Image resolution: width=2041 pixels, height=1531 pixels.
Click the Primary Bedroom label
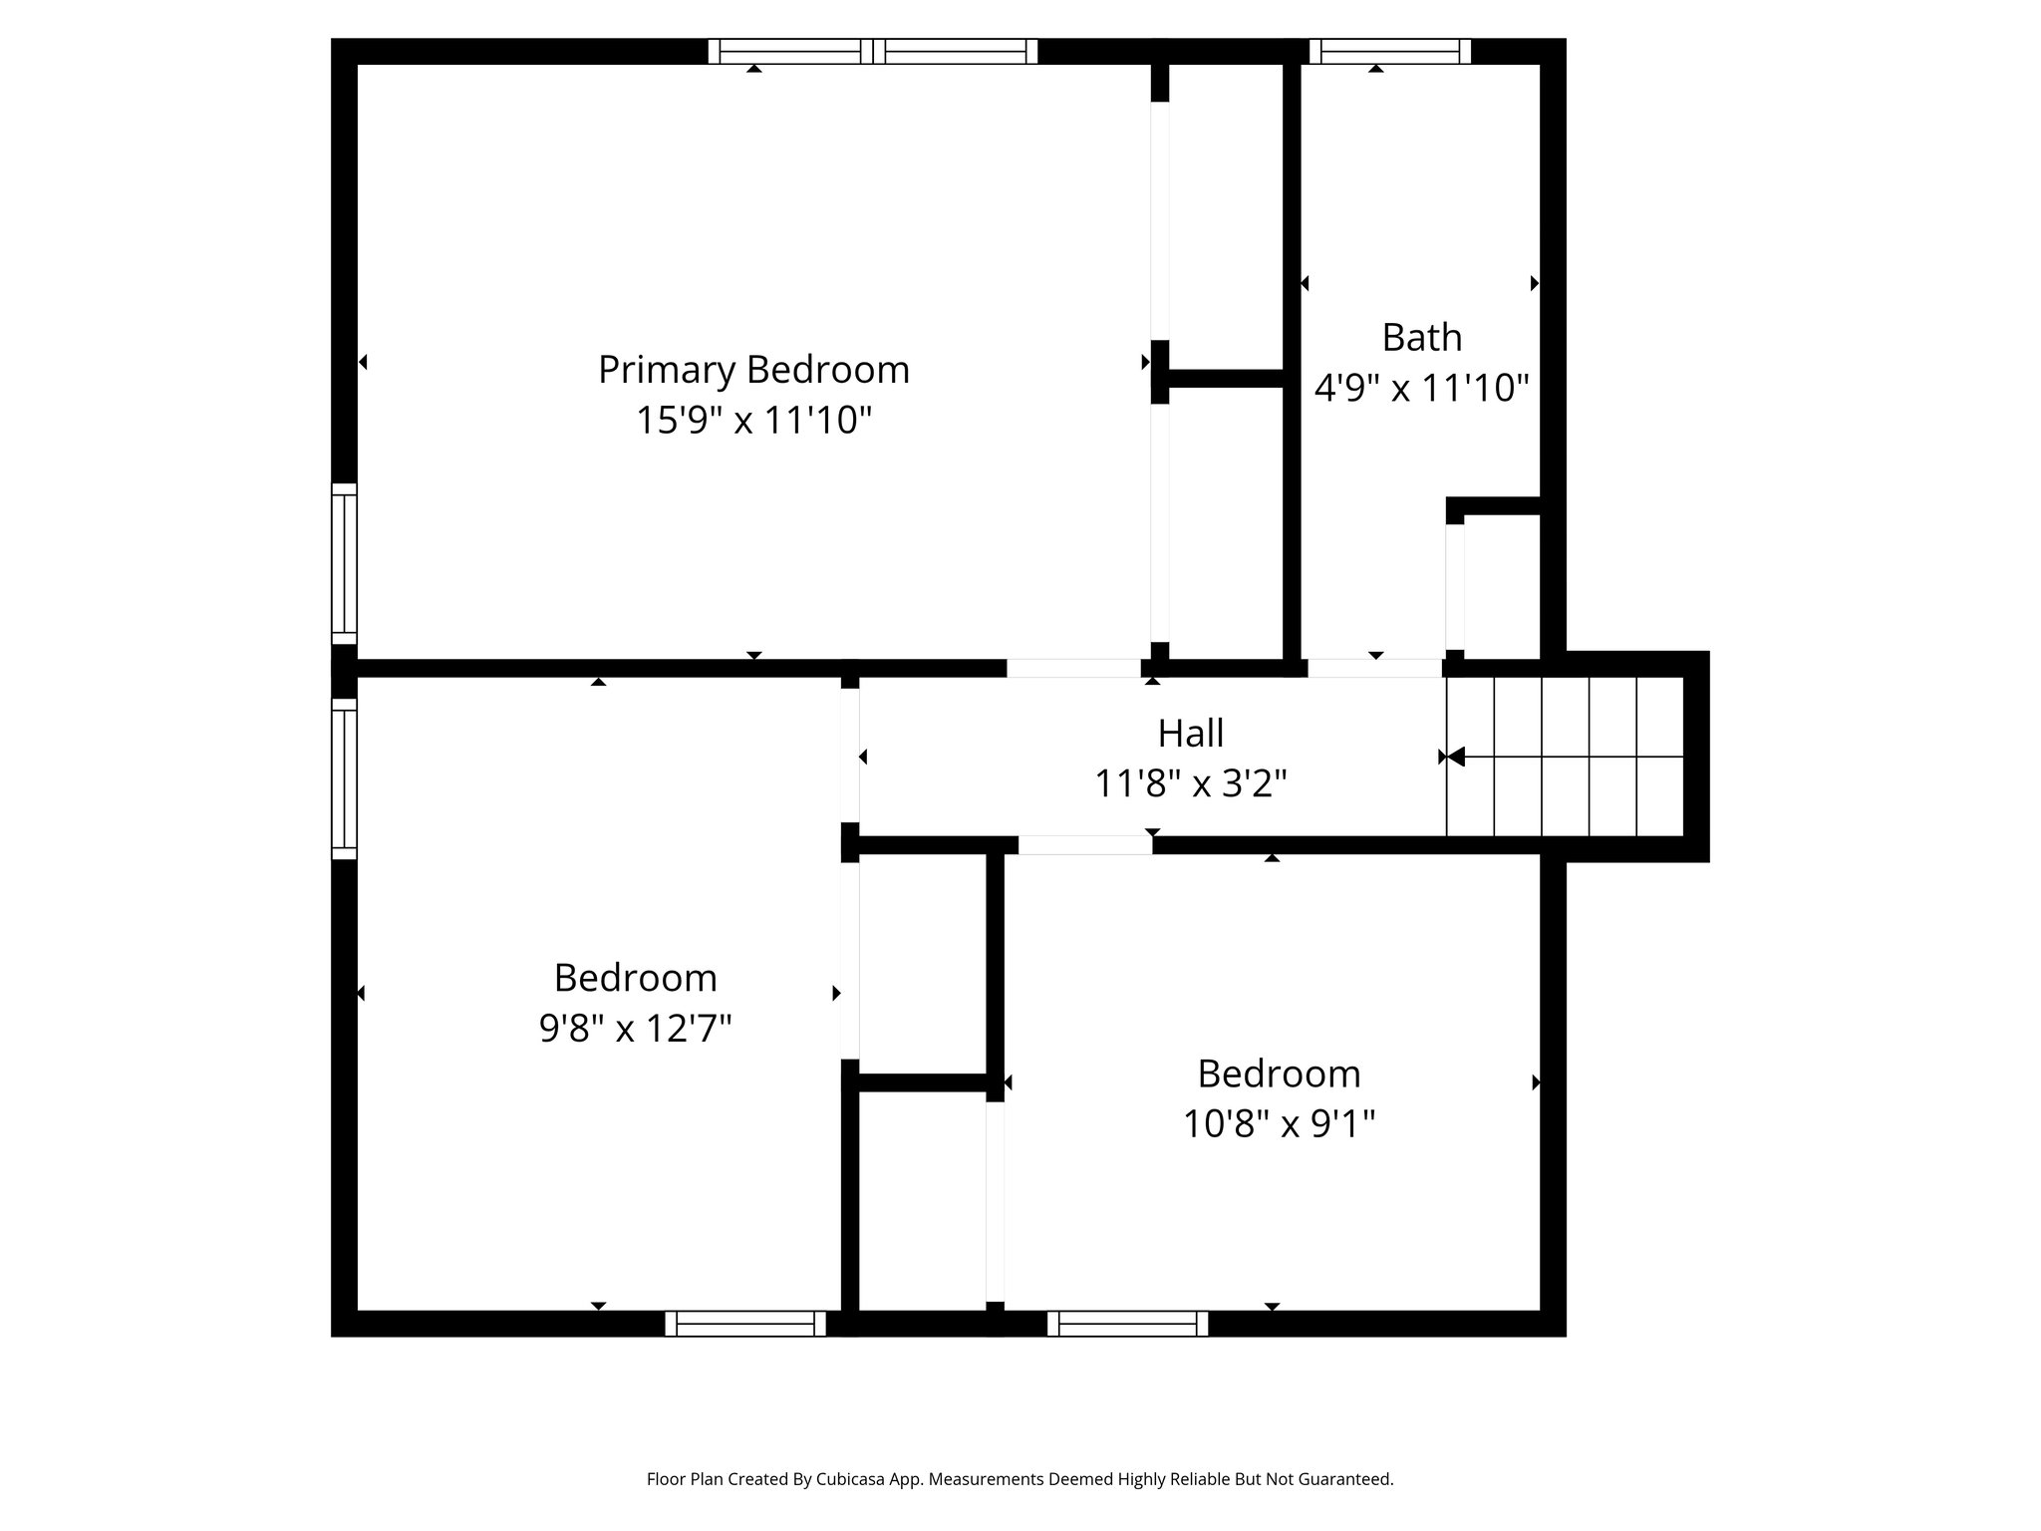(753, 370)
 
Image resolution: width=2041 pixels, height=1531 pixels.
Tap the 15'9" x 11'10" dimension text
(753, 420)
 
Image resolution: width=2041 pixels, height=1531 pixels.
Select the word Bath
(1421, 338)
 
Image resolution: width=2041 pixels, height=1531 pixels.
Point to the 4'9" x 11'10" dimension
(1421, 388)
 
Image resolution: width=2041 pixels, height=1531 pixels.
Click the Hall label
(1190, 734)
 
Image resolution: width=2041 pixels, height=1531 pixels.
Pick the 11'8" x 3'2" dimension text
(1190, 783)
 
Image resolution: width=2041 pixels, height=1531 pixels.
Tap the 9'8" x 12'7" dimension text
(636, 1028)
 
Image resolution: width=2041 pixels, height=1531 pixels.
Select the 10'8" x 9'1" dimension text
(1279, 1124)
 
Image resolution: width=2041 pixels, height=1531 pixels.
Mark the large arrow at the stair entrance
(1455, 757)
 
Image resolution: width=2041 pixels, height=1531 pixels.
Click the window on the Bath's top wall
(1389, 51)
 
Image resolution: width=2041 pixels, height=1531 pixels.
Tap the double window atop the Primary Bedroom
(872, 51)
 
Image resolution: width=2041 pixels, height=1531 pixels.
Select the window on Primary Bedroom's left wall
(344, 564)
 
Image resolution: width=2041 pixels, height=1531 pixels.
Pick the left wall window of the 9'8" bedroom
(344, 778)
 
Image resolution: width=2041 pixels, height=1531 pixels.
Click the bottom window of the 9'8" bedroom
(745, 1324)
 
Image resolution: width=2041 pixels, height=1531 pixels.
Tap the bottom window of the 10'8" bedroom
(1127, 1324)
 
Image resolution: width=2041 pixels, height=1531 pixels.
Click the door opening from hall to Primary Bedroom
(1073, 668)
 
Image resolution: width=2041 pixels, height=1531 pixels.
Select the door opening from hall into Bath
(1374, 668)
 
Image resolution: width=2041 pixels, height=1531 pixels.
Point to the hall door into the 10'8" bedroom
(1084, 845)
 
